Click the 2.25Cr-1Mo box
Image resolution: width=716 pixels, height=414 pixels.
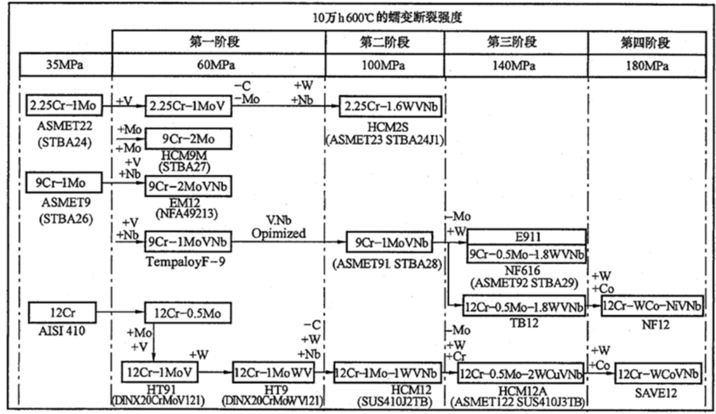(x=64, y=106)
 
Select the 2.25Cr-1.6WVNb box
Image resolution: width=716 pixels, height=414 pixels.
(x=390, y=106)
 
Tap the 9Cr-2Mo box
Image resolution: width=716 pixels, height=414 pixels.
(x=188, y=139)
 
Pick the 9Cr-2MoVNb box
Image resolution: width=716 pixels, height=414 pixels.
(x=188, y=186)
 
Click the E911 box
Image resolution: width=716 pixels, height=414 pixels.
(x=527, y=237)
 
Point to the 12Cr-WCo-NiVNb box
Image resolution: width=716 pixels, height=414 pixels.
(x=652, y=306)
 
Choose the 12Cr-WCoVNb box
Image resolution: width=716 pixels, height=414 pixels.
(x=658, y=374)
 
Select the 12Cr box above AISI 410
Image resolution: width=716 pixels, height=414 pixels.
(x=62, y=313)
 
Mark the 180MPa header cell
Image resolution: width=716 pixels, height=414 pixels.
(x=647, y=66)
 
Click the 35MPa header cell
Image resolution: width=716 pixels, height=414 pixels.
(x=65, y=65)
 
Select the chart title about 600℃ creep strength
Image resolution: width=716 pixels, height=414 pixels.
(x=387, y=17)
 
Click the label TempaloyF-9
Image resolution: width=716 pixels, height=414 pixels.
(x=186, y=262)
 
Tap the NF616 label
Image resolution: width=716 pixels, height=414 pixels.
(x=522, y=270)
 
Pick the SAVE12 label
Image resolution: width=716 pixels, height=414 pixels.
(x=656, y=393)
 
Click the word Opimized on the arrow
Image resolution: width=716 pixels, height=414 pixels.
(x=278, y=233)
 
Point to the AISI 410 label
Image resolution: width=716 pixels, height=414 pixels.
(x=62, y=331)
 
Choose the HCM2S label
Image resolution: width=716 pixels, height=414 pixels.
(x=388, y=127)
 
